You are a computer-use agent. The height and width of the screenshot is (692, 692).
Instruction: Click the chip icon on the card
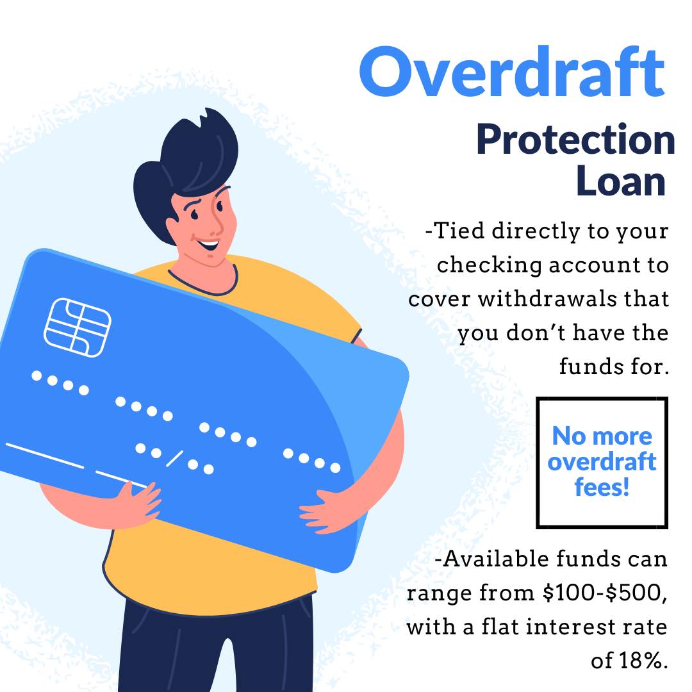point(78,327)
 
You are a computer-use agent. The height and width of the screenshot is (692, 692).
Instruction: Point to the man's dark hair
point(192,154)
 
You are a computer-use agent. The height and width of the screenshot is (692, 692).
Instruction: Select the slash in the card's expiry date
point(174,458)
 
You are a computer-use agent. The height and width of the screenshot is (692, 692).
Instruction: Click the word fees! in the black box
point(602,487)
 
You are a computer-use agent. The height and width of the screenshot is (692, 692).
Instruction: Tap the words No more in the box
point(602,436)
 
